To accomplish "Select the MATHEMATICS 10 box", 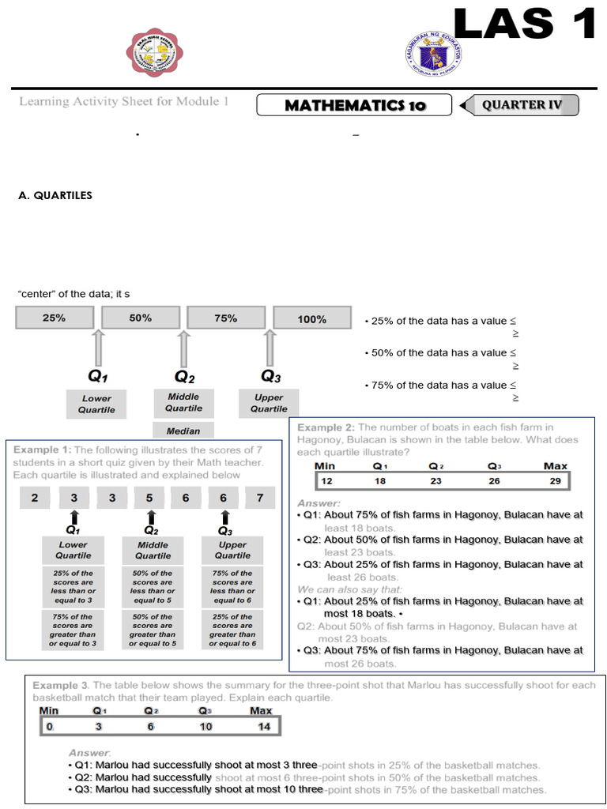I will pos(355,105).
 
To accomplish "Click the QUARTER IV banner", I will pos(523,105).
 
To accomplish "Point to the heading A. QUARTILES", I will pos(55,195).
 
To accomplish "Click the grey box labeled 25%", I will pos(54,318).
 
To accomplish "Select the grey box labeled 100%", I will pos(312,319).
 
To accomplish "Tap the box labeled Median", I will pos(183,431).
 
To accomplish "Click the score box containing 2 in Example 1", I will pos(34,498).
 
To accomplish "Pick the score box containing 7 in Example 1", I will pos(260,498).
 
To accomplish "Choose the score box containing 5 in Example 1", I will pos(149,498).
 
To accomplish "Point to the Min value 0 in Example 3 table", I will pos(49,726).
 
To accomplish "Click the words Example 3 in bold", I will pos(62,684).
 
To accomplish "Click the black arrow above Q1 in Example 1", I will pos(73,517).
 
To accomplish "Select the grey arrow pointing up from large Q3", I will pos(270,347).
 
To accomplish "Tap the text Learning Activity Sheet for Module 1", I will pos(123,102).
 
